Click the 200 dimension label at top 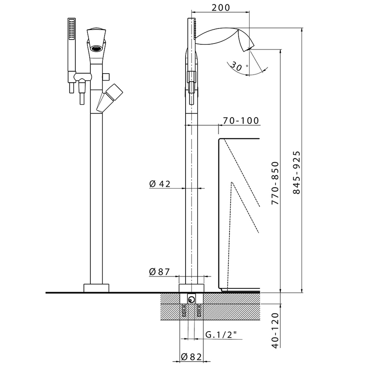221,8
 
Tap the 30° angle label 236,66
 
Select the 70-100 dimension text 241,121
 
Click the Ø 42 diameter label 160,184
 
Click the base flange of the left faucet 96,288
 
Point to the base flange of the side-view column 191,288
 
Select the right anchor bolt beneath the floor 199,310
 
